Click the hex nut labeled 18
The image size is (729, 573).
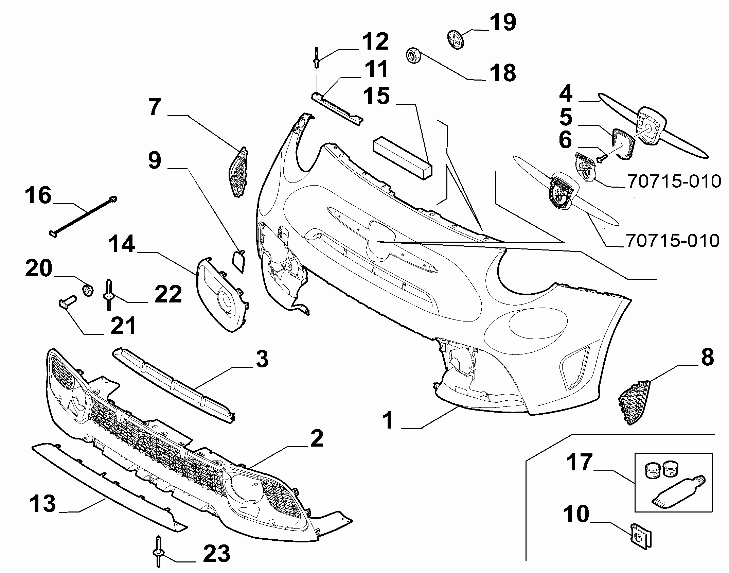(413, 56)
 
